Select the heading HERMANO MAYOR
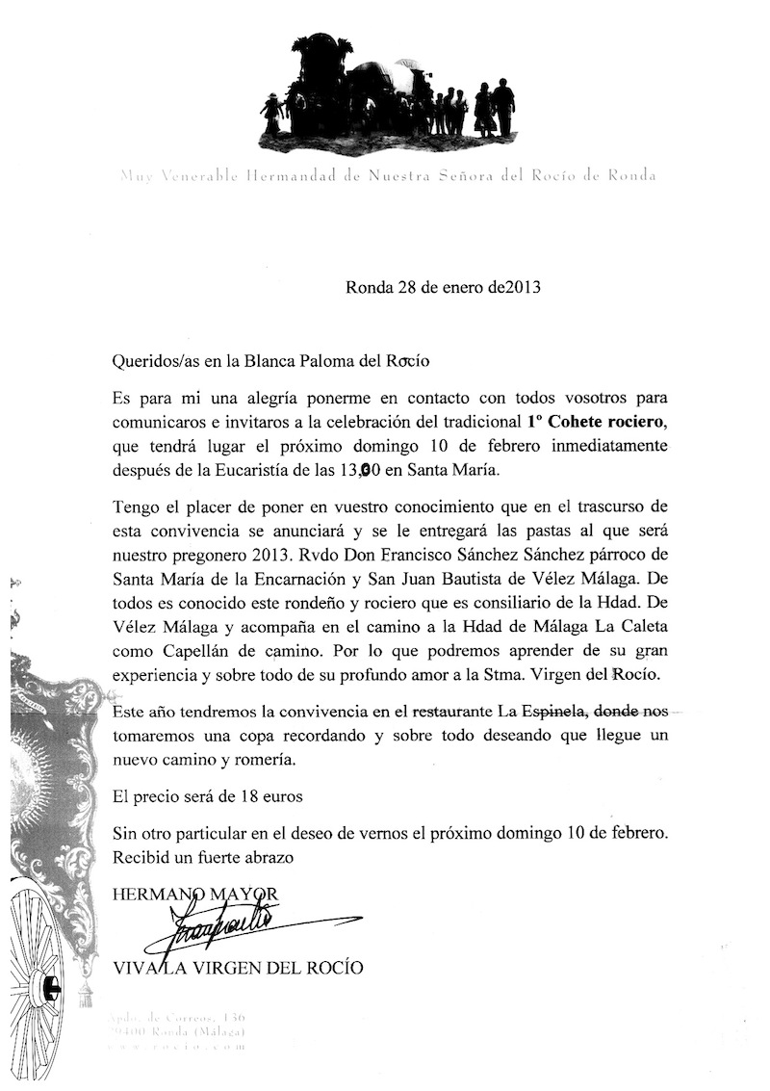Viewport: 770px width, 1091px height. tap(195, 895)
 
